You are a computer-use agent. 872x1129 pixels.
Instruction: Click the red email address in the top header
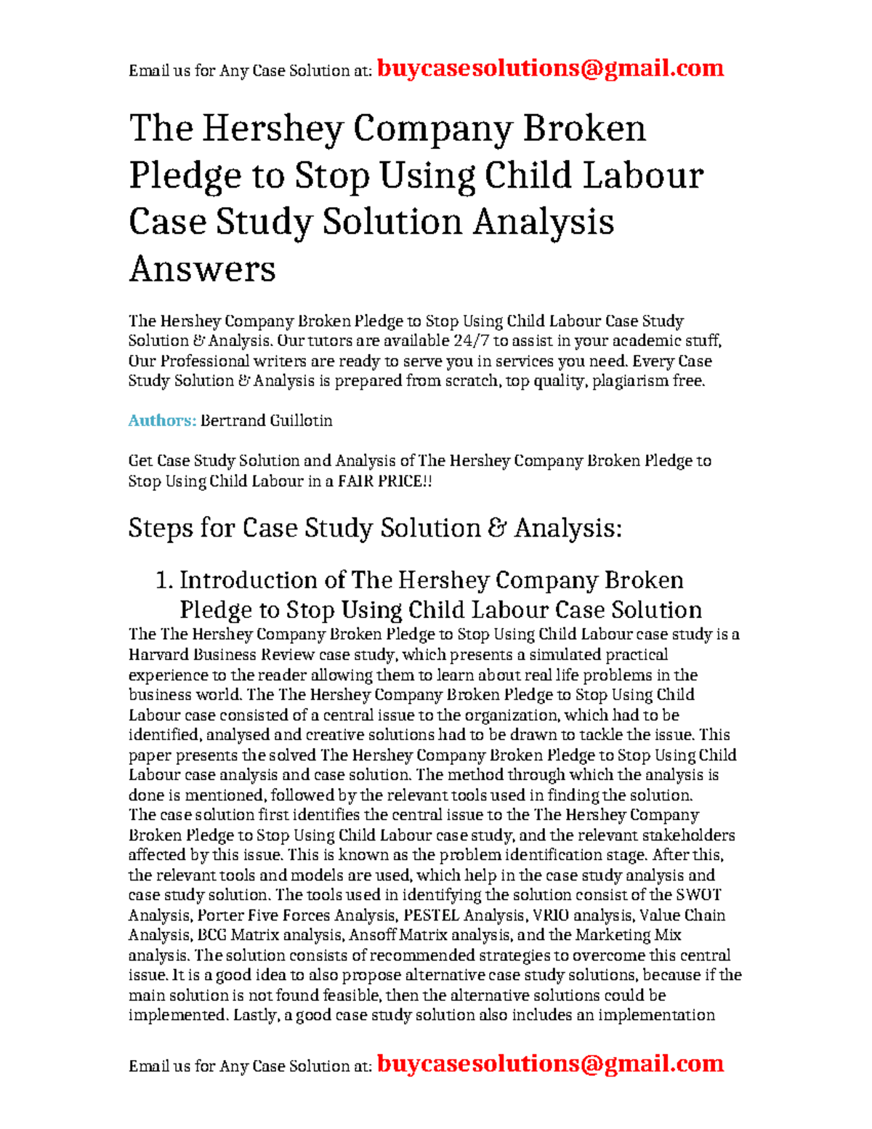pos(550,68)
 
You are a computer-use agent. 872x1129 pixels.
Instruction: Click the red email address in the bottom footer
pos(550,1064)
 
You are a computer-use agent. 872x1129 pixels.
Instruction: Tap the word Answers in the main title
pos(202,269)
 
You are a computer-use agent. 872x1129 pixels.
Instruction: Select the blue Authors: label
pos(162,421)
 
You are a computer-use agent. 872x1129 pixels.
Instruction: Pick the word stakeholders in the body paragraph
pos(689,835)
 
